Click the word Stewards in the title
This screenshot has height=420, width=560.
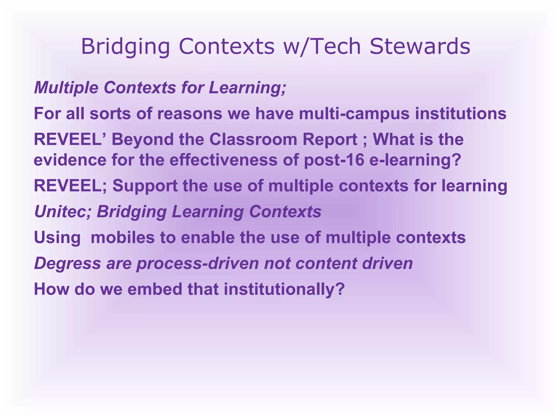coord(420,46)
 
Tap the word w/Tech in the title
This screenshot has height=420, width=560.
coord(322,46)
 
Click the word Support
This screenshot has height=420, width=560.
coord(145,186)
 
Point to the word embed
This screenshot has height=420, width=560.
coord(155,289)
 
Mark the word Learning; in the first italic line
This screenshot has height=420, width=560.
coord(247,88)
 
